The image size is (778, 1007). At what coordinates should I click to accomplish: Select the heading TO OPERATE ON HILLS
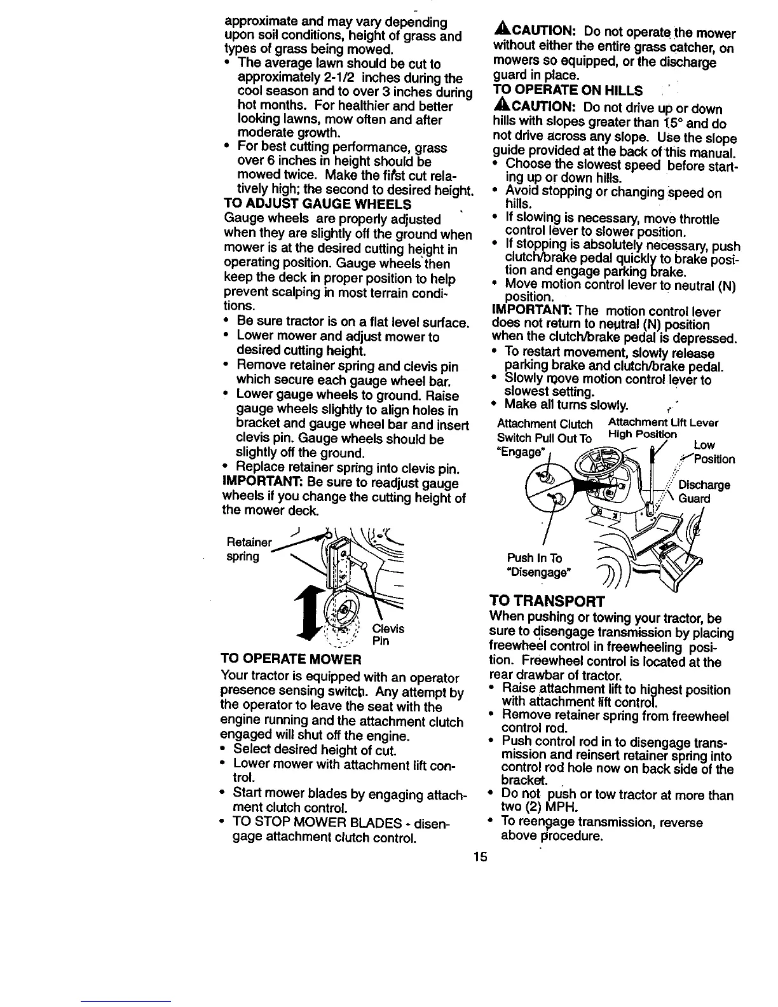568,90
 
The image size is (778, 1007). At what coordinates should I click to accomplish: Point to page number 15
480,856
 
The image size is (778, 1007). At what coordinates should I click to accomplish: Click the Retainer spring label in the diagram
249,550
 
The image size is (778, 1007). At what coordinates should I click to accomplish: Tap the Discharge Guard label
704,492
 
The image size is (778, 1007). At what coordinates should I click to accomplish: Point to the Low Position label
712,452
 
